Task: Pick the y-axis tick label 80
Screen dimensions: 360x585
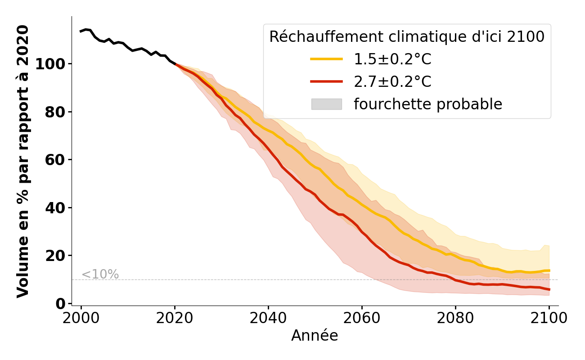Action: pyautogui.click(x=56, y=112)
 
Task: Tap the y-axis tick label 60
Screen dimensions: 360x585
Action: pyautogui.click(x=56, y=160)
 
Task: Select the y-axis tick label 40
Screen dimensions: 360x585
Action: pyautogui.click(x=56, y=208)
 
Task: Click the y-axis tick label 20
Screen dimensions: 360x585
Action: pyautogui.click(x=56, y=256)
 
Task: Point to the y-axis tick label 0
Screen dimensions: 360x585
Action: pyautogui.click(x=61, y=304)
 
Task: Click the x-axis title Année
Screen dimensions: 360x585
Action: pyautogui.click(x=315, y=336)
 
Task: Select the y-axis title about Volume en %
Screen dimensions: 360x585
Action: pyautogui.click(x=23, y=161)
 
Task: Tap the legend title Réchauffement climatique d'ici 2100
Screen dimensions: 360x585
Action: pyautogui.click(x=407, y=37)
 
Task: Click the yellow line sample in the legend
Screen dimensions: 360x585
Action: pyautogui.click(x=326, y=59)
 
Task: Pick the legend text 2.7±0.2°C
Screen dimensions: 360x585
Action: pyautogui.click(x=392, y=82)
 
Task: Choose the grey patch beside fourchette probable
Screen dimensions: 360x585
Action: pyautogui.click(x=326, y=104)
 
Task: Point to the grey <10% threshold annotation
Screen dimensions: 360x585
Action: pyautogui.click(x=100, y=274)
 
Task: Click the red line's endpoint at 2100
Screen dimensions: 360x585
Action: pyautogui.click(x=549, y=289)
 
